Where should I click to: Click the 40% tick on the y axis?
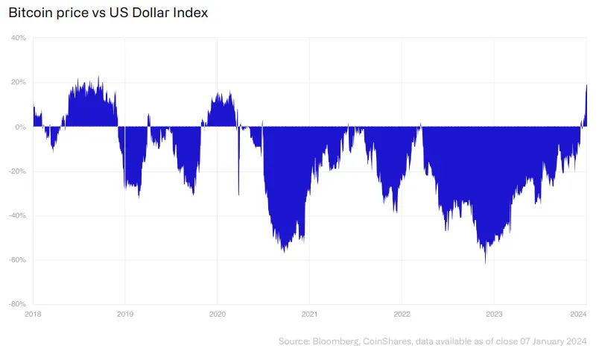[x=19, y=38]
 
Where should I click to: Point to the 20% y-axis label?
[x=19, y=82]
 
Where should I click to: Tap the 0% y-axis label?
[x=21, y=127]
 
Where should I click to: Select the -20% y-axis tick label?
[x=17, y=171]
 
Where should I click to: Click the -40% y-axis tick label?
[x=17, y=215]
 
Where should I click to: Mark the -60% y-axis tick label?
[x=17, y=260]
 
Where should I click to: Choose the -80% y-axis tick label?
[x=17, y=304]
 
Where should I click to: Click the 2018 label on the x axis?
[x=33, y=314]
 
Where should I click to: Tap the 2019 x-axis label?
[x=125, y=314]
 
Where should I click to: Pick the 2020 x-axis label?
[x=217, y=314]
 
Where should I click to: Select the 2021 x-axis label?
[x=309, y=314]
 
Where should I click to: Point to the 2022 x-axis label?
[x=402, y=314]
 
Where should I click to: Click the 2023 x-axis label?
[x=493, y=314]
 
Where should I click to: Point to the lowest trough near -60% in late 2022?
[x=485, y=262]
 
